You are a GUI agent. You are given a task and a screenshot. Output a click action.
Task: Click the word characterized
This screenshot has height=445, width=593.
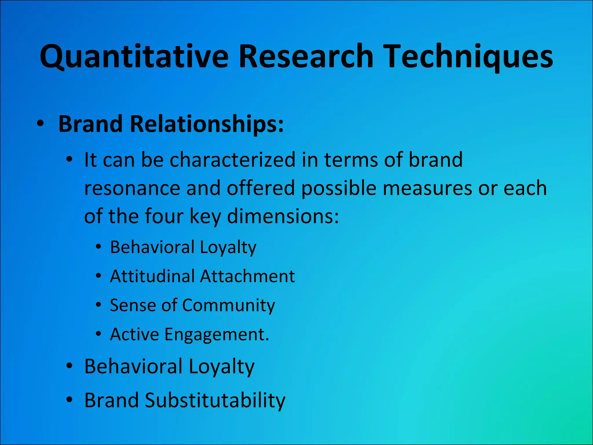(x=232, y=160)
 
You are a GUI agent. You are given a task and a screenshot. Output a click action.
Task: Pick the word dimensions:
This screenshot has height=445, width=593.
(x=283, y=217)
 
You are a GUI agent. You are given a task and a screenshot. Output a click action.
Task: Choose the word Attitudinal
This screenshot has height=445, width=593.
(x=152, y=276)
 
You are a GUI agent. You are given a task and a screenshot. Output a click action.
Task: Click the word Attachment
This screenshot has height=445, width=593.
(x=248, y=276)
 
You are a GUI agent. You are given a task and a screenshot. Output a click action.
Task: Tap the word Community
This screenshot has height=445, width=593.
(x=228, y=306)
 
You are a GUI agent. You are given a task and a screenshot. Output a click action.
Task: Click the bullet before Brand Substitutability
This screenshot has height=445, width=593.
(x=69, y=400)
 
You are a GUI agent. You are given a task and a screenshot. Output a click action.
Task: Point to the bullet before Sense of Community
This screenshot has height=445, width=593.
(x=99, y=305)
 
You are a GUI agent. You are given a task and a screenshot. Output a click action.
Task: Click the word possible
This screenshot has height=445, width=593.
(x=339, y=189)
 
